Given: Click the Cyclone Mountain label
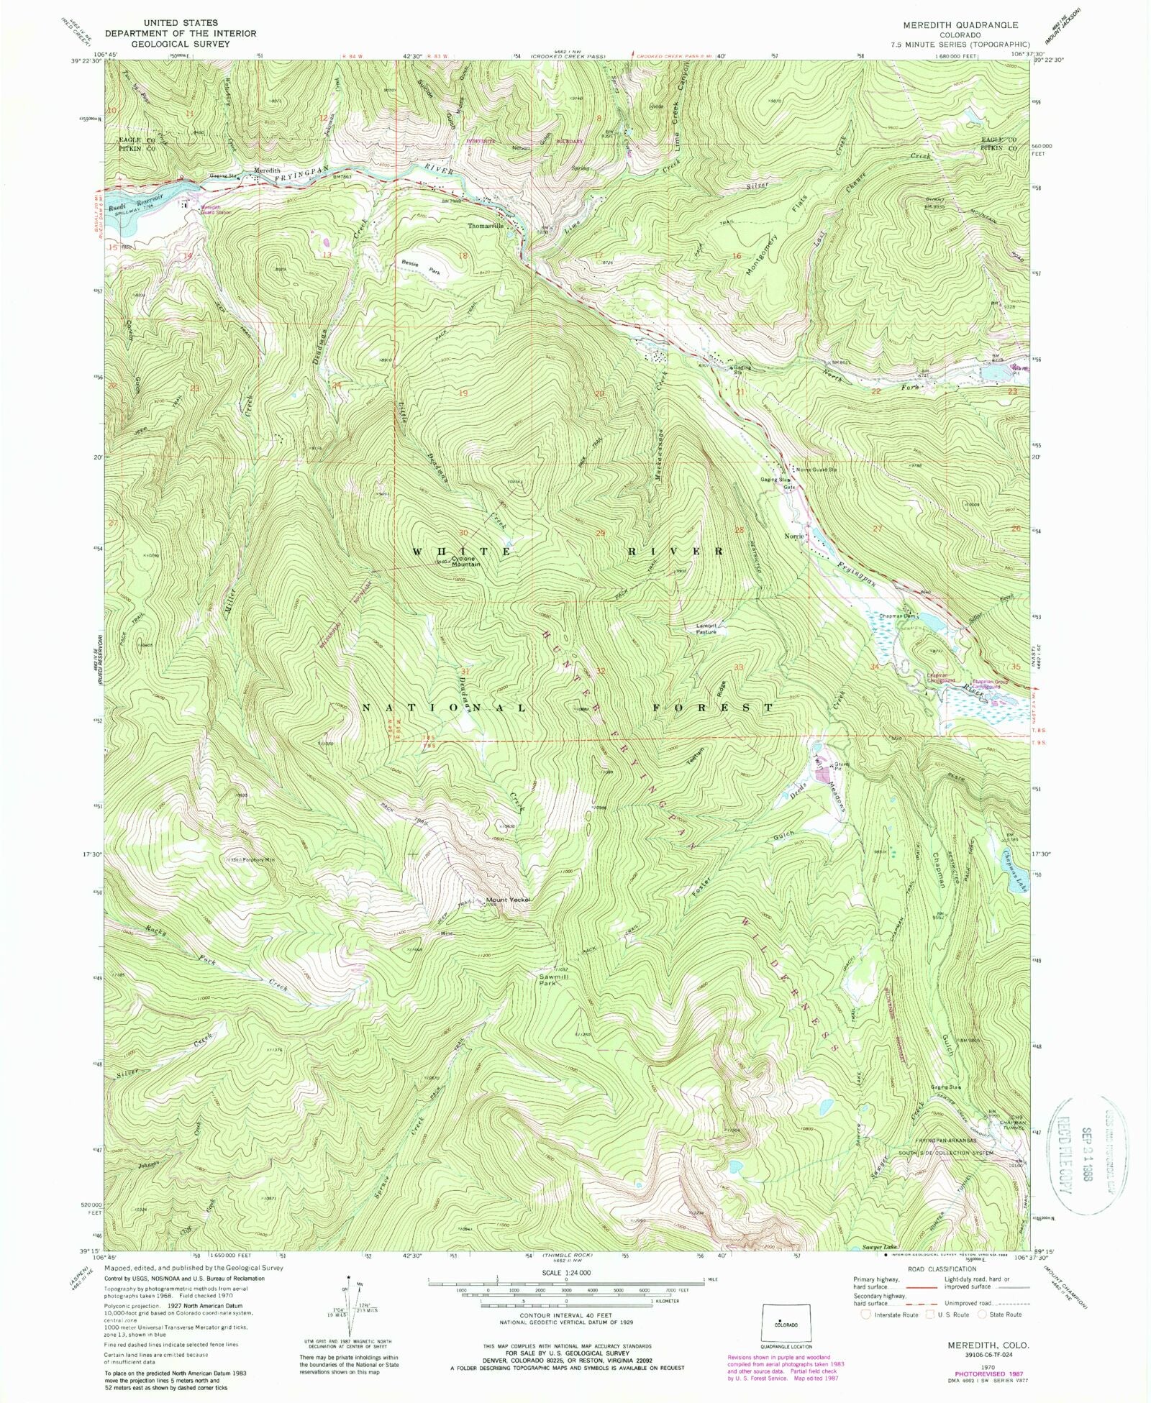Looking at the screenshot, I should click(x=465, y=562).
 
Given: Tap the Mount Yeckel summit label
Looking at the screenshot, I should click(x=508, y=900).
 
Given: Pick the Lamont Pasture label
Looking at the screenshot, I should click(x=706, y=629).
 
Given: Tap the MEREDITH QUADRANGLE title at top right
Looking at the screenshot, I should click(x=955, y=24).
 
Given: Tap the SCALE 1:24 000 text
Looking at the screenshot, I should click(x=566, y=1272).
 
